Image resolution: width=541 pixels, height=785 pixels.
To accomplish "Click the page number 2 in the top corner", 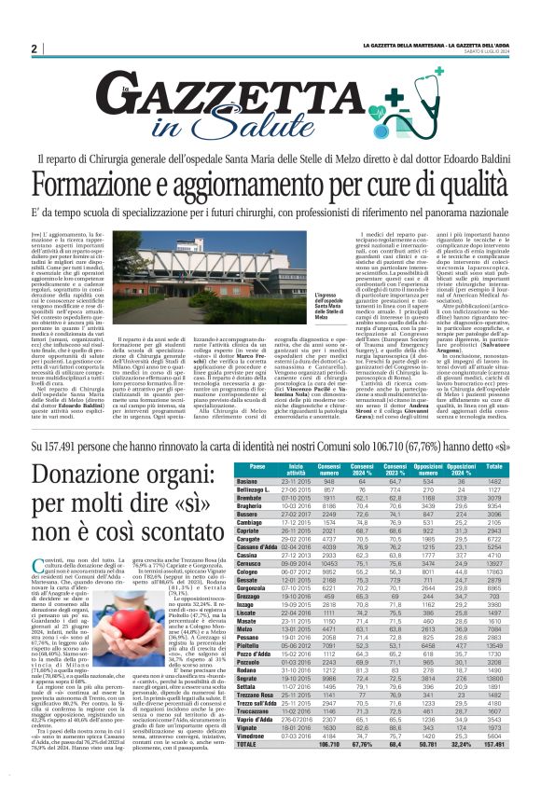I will (x=34, y=48).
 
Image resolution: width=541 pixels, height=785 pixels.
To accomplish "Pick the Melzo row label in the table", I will (x=248, y=628).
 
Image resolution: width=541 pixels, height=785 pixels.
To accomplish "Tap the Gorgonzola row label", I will (x=254, y=589).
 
